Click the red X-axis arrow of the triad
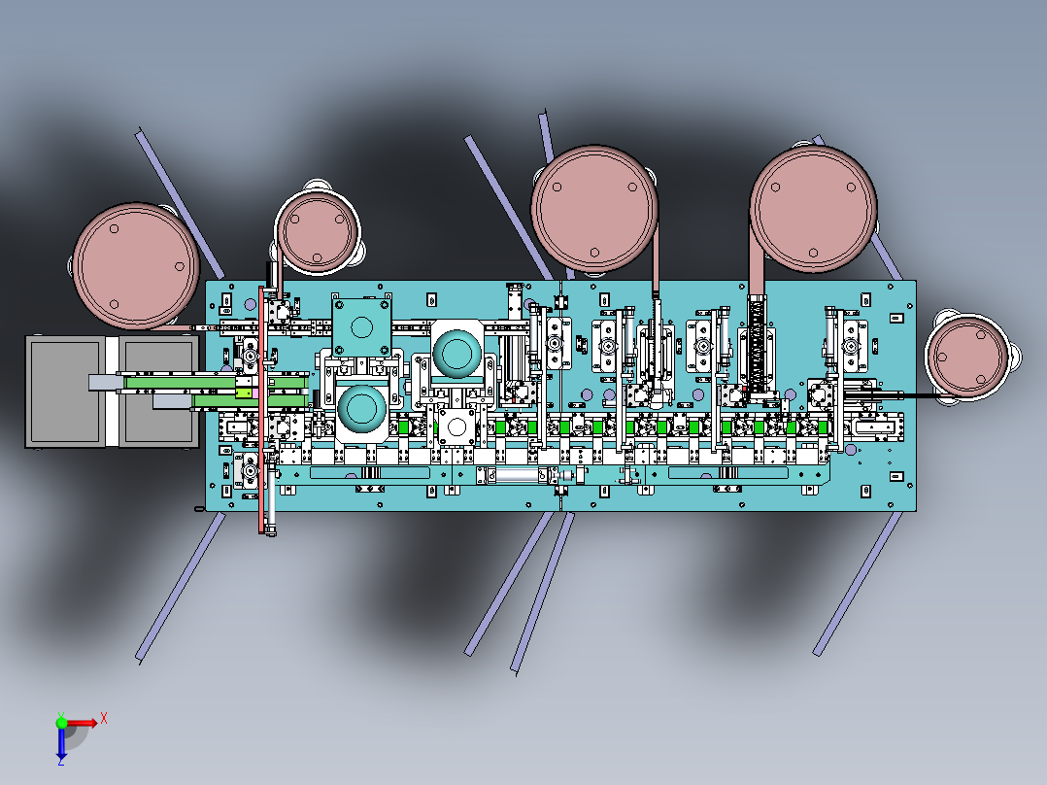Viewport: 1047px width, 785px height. pos(81,723)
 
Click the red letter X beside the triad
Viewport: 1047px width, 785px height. pos(104,719)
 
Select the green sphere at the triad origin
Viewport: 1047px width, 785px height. pos(61,722)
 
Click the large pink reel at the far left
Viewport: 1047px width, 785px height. pos(136,266)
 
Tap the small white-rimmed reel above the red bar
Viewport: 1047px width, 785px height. pos(318,231)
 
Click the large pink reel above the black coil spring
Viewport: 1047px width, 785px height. pos(813,209)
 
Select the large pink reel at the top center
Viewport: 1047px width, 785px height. pos(594,209)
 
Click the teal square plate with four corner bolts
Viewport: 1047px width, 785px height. pos(361,326)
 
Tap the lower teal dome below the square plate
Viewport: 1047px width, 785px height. pos(362,409)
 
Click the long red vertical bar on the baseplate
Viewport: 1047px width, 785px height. pos(262,410)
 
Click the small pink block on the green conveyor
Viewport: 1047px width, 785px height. pos(255,394)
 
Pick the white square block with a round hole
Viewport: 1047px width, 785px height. pos(456,427)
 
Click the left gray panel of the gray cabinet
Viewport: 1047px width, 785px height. pos(65,392)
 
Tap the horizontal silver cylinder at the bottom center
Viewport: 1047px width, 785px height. pos(518,475)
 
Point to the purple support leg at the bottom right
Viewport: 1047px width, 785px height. pos(857,583)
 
